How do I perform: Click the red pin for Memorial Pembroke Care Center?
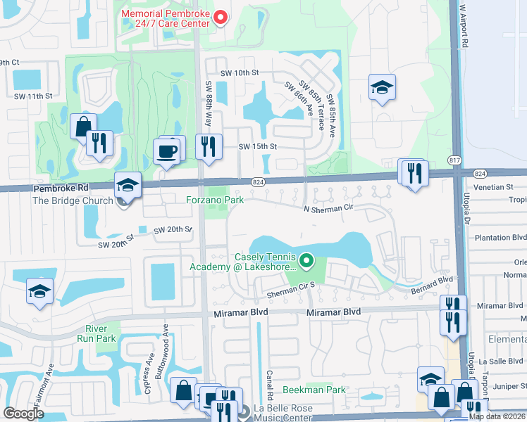point(219,18)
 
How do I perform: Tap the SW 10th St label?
point(240,72)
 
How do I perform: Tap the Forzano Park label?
point(215,200)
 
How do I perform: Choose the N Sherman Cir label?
point(328,208)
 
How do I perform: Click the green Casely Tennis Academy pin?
point(306,262)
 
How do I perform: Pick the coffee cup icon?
point(167,151)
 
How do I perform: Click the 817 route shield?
point(454,161)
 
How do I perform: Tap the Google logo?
point(23,414)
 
